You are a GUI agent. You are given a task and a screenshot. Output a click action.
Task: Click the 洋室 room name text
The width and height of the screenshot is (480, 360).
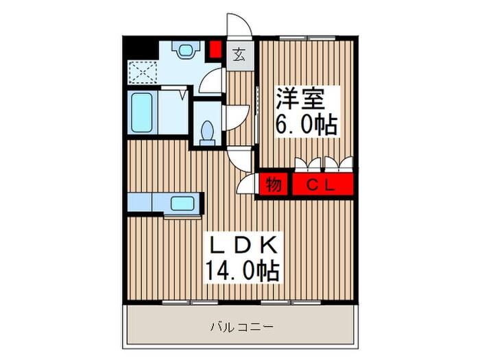click(x=300, y=98)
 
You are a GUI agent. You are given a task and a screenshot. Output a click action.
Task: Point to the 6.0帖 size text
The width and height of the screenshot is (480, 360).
click(x=305, y=125)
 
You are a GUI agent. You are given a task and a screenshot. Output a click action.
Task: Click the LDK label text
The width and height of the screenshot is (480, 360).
click(x=241, y=245)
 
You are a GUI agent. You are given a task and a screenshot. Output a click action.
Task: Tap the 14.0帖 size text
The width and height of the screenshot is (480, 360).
click(x=241, y=271)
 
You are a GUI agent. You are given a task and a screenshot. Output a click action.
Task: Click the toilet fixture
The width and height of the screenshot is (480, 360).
click(x=207, y=131)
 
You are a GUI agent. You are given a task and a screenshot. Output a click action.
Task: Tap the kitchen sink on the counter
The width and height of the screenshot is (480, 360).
click(x=182, y=203)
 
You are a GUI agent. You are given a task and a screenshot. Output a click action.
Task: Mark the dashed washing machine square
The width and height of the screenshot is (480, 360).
click(x=142, y=70)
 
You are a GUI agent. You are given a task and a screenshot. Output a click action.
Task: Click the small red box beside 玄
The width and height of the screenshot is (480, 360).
click(x=215, y=50)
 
